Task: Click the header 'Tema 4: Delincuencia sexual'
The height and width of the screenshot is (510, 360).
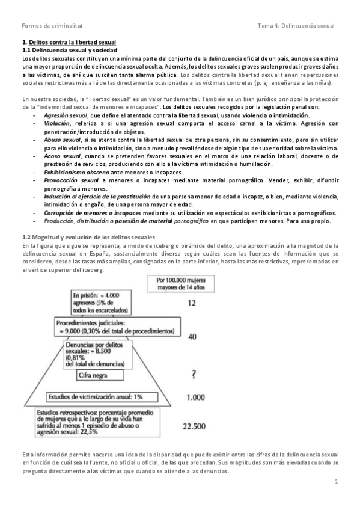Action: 295,25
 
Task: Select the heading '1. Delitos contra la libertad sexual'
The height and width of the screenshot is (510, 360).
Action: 69,43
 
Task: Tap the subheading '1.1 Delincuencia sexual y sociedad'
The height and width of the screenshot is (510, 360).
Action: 67,51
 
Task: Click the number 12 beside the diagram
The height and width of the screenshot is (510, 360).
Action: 192,304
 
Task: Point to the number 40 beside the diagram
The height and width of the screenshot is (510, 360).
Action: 192,337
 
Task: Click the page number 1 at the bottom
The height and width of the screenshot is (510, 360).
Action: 337,482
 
